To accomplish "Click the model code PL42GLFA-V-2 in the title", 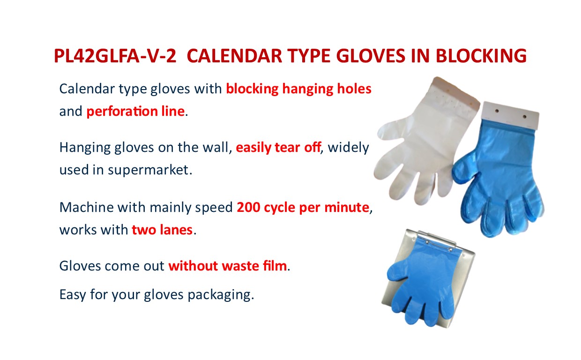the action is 115,56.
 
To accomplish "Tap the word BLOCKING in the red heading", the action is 481,56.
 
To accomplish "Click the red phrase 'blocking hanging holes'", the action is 298,89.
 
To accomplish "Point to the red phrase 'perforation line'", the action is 135,112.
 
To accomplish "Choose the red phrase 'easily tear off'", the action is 279,148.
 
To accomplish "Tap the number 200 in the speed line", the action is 248,207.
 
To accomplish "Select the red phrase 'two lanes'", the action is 162,230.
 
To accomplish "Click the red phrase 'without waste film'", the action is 227,266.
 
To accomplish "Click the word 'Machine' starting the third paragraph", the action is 87,207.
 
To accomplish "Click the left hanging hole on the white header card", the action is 497,111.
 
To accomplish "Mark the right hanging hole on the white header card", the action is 524,117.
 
